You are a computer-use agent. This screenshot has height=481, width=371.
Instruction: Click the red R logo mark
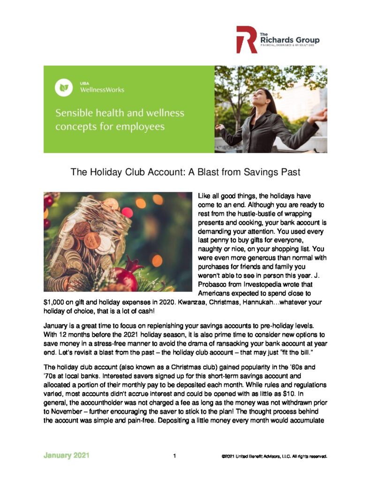click(246, 39)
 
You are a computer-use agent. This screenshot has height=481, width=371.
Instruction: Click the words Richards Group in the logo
click(289, 40)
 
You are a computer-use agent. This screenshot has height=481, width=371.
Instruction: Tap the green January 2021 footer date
click(67, 455)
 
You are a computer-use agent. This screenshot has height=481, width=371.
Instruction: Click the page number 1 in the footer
click(174, 456)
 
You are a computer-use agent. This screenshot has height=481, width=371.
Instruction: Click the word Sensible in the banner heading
click(74, 113)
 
